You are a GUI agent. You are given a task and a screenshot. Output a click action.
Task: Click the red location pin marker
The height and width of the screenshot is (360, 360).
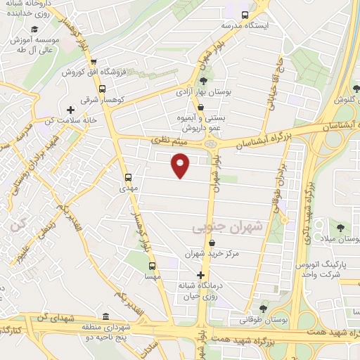(181, 166)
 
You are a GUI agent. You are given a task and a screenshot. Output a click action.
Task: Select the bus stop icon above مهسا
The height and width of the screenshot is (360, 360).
(152, 266)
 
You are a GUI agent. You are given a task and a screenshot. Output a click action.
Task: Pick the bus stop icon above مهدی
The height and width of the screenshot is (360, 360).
(128, 177)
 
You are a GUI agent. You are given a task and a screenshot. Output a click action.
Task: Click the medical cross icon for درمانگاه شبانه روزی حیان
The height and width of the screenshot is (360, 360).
(202, 275)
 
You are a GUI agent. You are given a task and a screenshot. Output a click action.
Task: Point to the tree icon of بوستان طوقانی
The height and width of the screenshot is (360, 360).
(263, 308)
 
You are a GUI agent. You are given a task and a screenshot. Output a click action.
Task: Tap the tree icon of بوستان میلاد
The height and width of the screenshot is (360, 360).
(340, 228)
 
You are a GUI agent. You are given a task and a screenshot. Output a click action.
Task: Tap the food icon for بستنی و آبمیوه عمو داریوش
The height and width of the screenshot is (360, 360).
(202, 108)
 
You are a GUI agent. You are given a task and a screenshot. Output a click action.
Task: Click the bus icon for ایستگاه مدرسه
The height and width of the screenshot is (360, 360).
(245, 15)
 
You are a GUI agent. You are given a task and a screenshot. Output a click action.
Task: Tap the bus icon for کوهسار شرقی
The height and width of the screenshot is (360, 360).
(103, 89)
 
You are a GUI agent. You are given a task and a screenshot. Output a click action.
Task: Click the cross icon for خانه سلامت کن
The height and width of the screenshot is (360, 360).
(70, 109)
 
